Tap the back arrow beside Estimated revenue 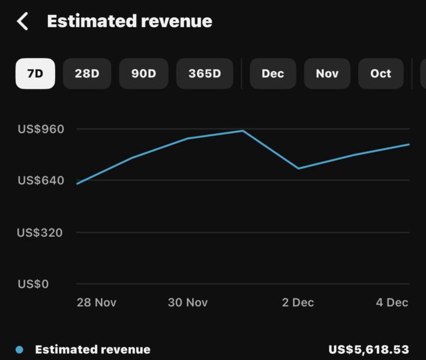[x=22, y=21]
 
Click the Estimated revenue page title [x=129, y=21]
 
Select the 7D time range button [x=35, y=74]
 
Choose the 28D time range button [x=87, y=74]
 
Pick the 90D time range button [x=143, y=74]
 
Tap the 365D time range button [x=204, y=74]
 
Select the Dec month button [x=273, y=74]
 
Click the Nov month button [x=327, y=74]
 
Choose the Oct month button [x=380, y=74]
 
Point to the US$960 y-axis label [x=41, y=129]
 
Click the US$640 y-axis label [x=41, y=180]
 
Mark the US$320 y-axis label [x=41, y=232]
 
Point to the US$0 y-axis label [x=33, y=284]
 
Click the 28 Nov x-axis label [x=96, y=303]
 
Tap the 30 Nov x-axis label [x=188, y=303]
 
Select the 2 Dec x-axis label [x=298, y=303]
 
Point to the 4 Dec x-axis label [x=392, y=303]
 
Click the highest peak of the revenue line [x=243, y=131]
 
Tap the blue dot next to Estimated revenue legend [x=20, y=350]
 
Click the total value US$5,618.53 [x=369, y=350]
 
